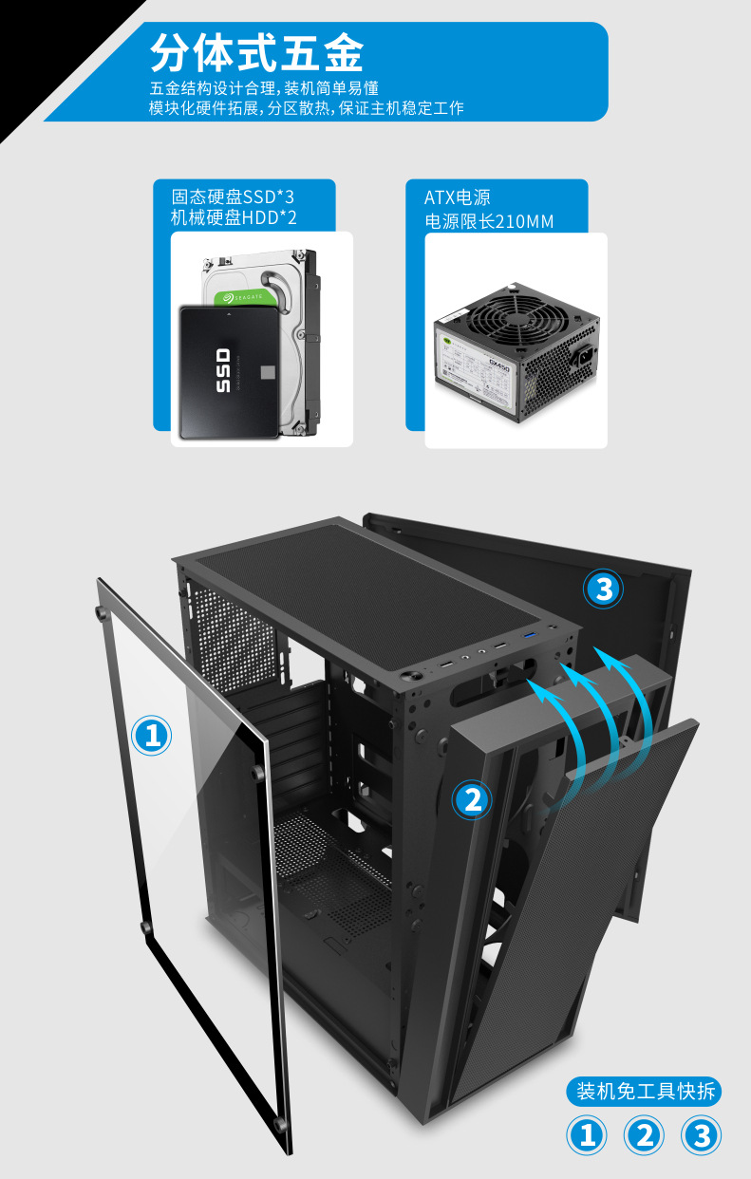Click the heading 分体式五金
(256, 53)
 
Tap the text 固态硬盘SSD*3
(233, 196)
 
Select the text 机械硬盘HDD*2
(234, 218)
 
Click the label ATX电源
(458, 197)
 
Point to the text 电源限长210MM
(489, 222)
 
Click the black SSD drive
(229, 371)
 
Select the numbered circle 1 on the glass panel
(151, 735)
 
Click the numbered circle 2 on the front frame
(471, 800)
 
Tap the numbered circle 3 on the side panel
(603, 589)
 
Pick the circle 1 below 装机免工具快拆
(587, 1135)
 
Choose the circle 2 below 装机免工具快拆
(645, 1135)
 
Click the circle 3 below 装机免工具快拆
(702, 1135)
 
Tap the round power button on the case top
(414, 675)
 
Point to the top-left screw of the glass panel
(100, 611)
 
